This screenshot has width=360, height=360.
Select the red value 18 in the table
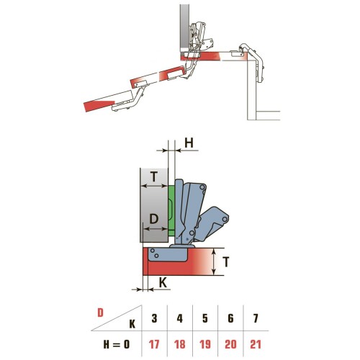(180, 344)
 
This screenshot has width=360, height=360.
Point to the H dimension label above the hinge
(189, 143)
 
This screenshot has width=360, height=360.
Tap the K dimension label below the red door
(163, 284)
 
